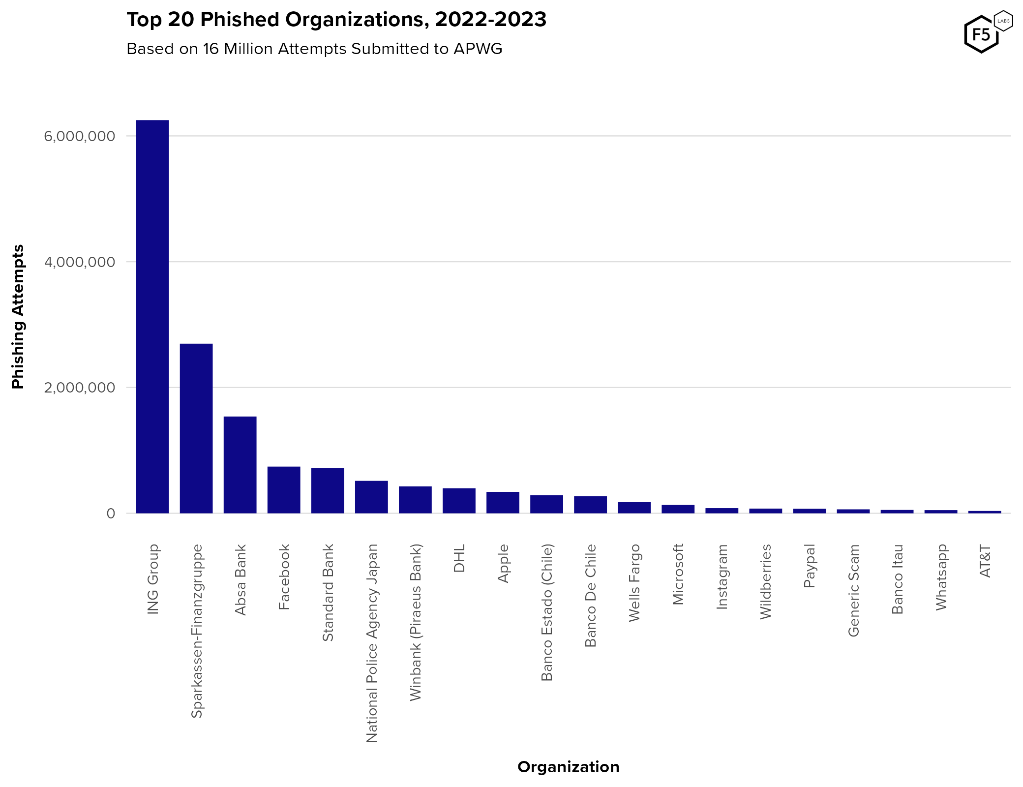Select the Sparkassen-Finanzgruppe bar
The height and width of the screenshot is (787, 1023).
click(196, 428)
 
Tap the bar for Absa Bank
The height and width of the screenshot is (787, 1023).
click(240, 464)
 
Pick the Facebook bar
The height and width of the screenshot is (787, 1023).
click(284, 489)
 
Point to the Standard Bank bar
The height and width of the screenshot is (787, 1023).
click(328, 490)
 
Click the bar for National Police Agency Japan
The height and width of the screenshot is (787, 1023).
click(371, 497)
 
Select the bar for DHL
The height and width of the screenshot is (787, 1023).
click(459, 500)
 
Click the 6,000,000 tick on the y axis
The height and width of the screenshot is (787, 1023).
click(79, 136)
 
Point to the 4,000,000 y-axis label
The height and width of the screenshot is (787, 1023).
click(79, 262)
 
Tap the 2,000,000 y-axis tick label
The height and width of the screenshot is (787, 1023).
click(79, 388)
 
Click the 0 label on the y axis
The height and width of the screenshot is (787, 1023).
click(111, 514)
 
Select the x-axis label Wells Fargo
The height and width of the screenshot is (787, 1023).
click(634, 582)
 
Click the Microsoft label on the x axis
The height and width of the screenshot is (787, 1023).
click(678, 574)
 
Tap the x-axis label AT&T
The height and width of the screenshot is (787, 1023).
click(985, 561)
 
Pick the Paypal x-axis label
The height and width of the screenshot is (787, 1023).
click(810, 566)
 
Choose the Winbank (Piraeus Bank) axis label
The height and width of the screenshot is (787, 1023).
click(416, 622)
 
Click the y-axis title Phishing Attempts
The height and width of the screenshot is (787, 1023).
click(18, 317)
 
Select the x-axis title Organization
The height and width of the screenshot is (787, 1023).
click(568, 767)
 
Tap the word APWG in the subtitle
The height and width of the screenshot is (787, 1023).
click(478, 49)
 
